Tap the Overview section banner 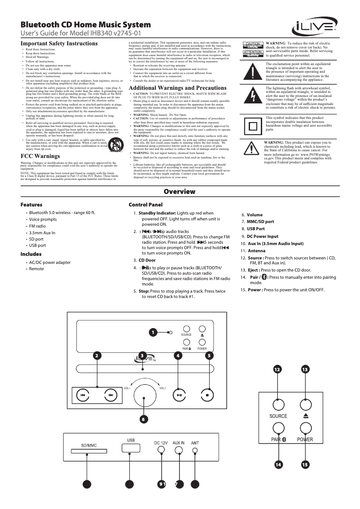point(180,192)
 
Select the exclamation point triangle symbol point(254,72)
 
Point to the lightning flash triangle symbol point(254,97)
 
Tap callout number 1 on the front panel point(153,333)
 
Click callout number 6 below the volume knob point(143,419)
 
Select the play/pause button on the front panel point(179,395)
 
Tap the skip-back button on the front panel point(83,395)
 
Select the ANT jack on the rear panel point(195,449)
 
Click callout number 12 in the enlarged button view point(278,369)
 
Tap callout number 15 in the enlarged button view point(305,465)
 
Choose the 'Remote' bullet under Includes point(37,268)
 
